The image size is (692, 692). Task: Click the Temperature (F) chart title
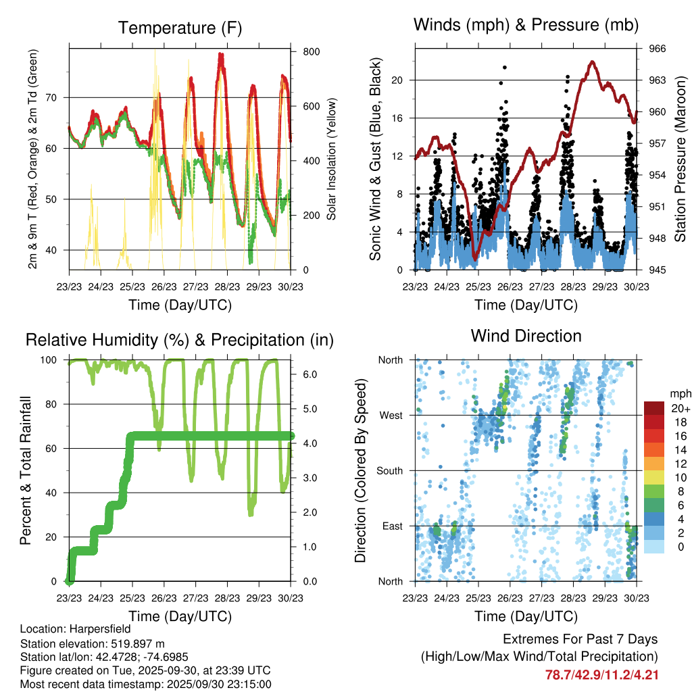[x=180, y=28]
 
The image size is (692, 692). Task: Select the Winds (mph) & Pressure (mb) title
[x=526, y=25]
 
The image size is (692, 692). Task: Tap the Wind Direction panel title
[x=526, y=335]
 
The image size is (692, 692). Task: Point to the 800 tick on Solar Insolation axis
[x=311, y=51]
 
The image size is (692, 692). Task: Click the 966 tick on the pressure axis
[x=658, y=49]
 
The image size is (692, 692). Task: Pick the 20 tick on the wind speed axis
[x=397, y=80]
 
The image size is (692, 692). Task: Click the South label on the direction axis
[x=390, y=470]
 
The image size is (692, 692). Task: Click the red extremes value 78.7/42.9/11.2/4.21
[x=601, y=674]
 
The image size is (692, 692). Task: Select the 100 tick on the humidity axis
[x=49, y=360]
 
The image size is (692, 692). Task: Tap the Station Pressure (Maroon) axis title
[x=681, y=159]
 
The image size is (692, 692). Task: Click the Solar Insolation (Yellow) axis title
[x=332, y=159]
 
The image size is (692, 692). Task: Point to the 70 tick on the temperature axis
[x=57, y=97]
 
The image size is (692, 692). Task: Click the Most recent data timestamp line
[x=145, y=685]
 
